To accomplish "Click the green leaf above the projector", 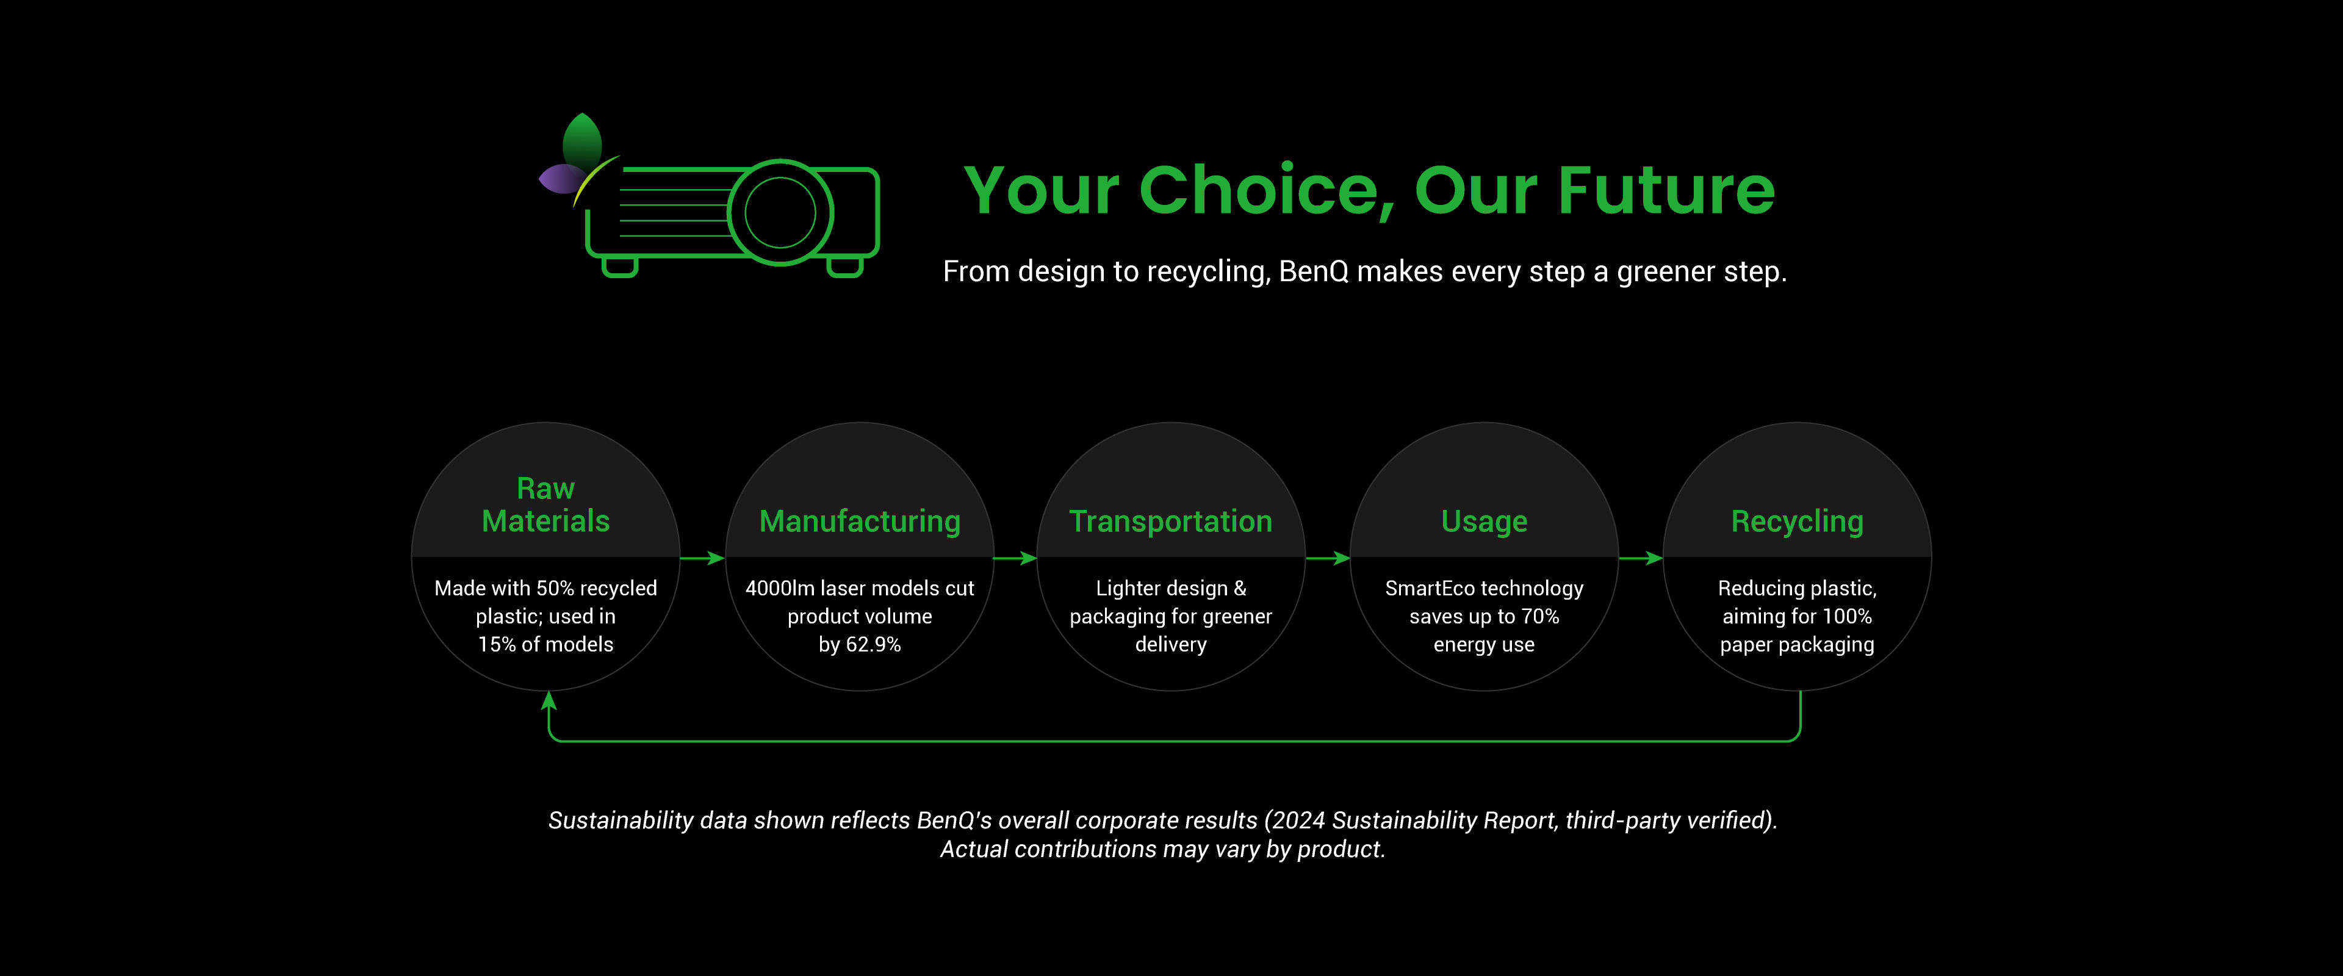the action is click(582, 141).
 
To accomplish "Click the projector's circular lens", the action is click(780, 212).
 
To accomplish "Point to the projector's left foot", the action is click(619, 267).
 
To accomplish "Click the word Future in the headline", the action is click(1666, 190).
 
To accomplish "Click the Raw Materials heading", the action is click(545, 505).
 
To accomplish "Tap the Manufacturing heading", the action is click(860, 521).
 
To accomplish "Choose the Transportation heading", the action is click(1171, 521).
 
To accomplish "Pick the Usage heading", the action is click(1485, 521).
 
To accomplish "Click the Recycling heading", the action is click(1798, 521).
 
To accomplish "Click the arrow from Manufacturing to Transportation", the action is click(1015, 558).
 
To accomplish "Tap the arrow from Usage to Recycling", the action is click(1641, 558).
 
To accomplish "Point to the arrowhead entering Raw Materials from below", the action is click(549, 700).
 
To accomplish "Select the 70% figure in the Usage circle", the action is click(1540, 617).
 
